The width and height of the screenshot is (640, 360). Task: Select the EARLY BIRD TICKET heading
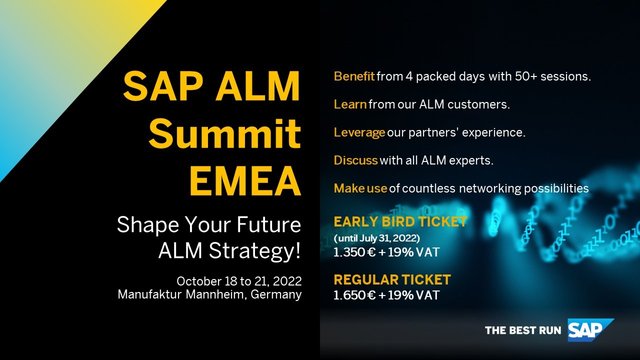[x=395, y=222]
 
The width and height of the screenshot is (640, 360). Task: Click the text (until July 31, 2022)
[x=383, y=238]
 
